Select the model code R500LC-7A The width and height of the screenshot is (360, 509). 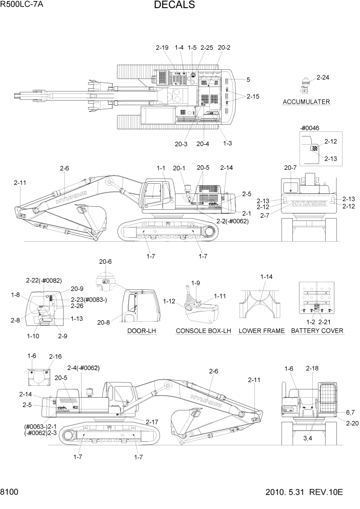tap(22, 6)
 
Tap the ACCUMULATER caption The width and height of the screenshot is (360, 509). tap(306, 102)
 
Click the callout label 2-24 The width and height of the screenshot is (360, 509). tap(323, 78)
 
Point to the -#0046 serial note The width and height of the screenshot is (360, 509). tap(310, 128)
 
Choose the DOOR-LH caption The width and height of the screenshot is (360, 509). tap(142, 331)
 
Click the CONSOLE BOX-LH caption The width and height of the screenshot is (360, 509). tap(204, 331)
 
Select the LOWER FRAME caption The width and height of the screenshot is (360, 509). tap(262, 331)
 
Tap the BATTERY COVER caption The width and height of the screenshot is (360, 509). tap(317, 331)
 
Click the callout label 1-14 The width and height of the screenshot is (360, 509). tap(266, 277)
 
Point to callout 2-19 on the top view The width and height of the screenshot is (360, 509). tap(162, 48)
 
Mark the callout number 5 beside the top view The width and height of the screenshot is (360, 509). tap(248, 80)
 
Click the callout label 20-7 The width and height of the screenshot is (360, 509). tap(290, 167)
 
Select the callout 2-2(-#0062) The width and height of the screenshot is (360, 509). tap(231, 221)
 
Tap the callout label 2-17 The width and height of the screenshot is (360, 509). tap(152, 422)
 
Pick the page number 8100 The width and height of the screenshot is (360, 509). tap(10, 492)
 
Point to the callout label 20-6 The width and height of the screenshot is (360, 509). tap(105, 262)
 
